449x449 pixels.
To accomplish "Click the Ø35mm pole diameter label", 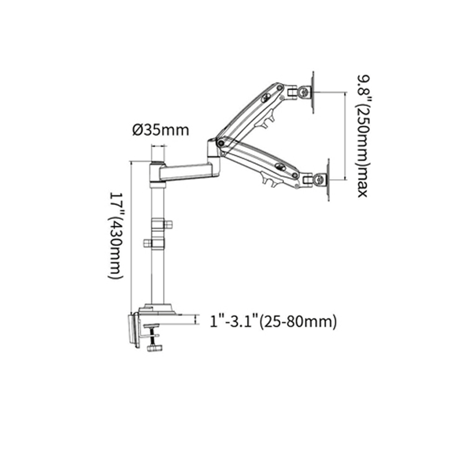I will tap(160, 129).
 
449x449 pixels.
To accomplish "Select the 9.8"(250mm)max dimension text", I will tap(361, 135).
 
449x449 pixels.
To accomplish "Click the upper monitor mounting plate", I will tap(313, 92).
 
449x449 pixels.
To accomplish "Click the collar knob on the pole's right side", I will tap(167, 224).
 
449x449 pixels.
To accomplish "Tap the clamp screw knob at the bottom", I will tap(154, 348).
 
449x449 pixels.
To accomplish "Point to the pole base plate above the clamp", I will tap(158, 309).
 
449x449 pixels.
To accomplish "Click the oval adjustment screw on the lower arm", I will tap(279, 167).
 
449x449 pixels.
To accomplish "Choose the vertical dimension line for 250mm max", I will tap(347, 135).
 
